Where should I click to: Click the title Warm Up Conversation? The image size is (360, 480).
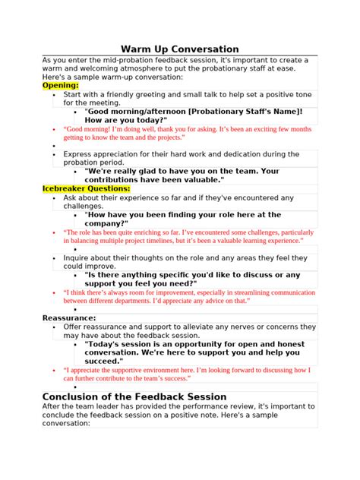pyautogui.click(x=180, y=49)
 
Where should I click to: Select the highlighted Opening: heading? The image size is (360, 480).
pyautogui.click(x=60, y=86)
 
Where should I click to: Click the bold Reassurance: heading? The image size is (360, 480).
pyautogui.click(x=69, y=317)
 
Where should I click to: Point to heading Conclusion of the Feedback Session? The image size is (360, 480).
pyautogui.click(x=134, y=396)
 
